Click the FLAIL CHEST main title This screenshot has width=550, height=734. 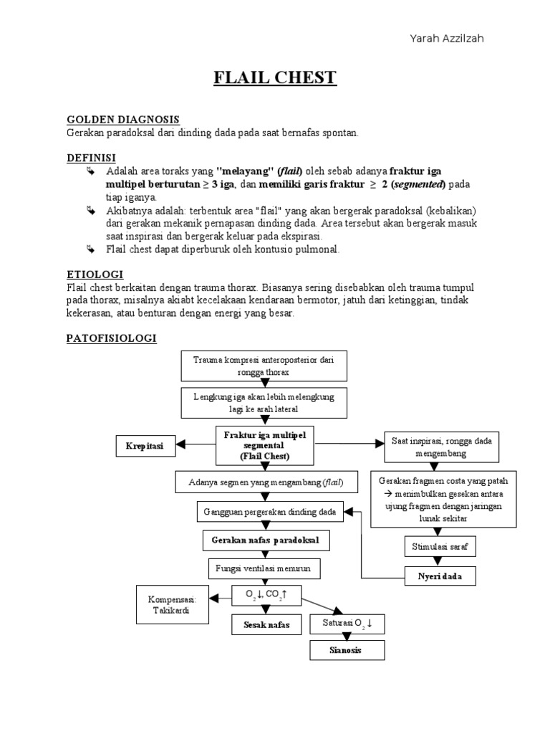(275, 77)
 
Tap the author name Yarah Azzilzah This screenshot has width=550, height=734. (446, 38)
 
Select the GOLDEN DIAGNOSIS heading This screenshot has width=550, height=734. (122, 119)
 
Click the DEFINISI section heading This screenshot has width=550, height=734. (91, 157)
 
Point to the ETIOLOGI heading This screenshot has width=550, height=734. (95, 274)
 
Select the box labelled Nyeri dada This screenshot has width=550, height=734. (440, 576)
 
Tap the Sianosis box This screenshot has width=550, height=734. (347, 650)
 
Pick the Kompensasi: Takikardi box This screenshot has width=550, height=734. (171, 604)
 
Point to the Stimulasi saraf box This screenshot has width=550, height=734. (440, 546)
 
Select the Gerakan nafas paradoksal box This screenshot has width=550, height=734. (265, 538)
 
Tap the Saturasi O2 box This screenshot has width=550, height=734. (347, 624)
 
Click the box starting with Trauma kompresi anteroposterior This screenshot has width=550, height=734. (264, 366)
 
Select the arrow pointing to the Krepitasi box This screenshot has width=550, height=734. (190, 445)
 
